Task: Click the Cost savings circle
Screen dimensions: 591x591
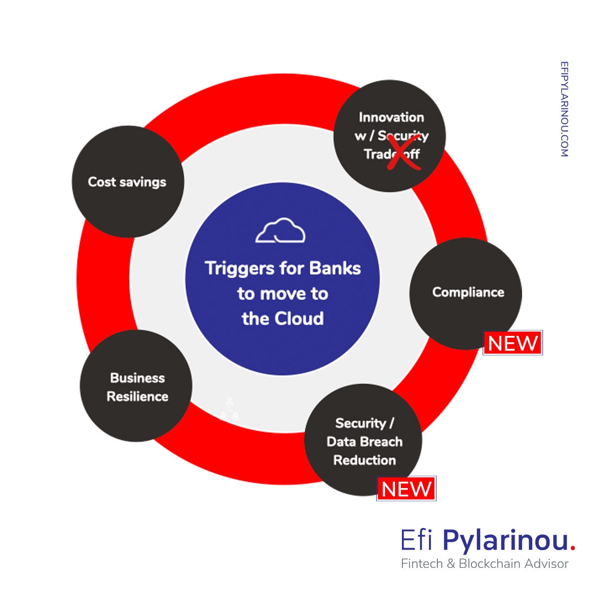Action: pos(128,182)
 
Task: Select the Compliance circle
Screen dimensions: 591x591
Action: pos(465,293)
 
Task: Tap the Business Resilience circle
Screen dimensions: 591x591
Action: pos(136,386)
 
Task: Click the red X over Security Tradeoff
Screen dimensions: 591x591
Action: pos(403,152)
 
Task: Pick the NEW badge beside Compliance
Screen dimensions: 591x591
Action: pos(513,343)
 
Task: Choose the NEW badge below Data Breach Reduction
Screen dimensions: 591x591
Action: pos(406,489)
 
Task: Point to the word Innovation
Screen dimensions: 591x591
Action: pos(391,117)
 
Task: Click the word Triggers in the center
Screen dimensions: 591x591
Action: pos(239,268)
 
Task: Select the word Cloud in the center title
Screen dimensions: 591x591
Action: pos(299,319)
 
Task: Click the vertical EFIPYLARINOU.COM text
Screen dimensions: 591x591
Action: pos(564,109)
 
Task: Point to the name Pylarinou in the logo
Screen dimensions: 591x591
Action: pos(505,541)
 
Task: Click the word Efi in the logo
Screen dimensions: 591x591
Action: pos(417,541)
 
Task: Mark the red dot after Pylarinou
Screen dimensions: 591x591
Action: pos(572,547)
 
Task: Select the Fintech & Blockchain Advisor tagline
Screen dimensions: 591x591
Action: pos(485,564)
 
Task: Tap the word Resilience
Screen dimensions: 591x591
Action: pos(137,396)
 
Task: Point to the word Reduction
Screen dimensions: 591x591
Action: pos(364,460)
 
